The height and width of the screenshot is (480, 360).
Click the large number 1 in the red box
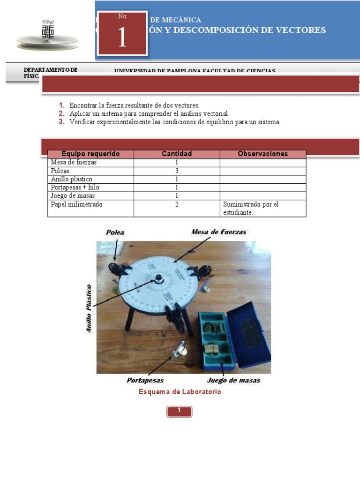pyautogui.click(x=122, y=38)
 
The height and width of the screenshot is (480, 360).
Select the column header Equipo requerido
pyautogui.click(x=91, y=154)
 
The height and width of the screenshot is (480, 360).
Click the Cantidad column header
pyautogui.click(x=177, y=154)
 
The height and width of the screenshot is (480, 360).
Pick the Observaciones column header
pyautogui.click(x=262, y=154)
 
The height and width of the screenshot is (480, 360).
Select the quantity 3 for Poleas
pyautogui.click(x=177, y=171)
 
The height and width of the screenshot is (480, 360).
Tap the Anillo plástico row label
pyautogui.click(x=72, y=179)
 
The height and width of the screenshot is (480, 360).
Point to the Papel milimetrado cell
pyautogui.click(x=76, y=204)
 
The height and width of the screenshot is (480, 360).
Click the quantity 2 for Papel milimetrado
pyautogui.click(x=177, y=204)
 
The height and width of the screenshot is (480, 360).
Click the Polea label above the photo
pyautogui.click(x=115, y=232)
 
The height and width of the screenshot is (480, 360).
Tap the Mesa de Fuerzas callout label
pyautogui.click(x=218, y=232)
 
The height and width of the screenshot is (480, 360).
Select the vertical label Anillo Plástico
pyautogui.click(x=89, y=309)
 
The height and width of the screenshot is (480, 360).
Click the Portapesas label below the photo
pyautogui.click(x=145, y=380)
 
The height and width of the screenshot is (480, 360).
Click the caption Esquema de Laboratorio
pyautogui.click(x=180, y=392)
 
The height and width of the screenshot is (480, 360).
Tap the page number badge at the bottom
pyautogui.click(x=179, y=411)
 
